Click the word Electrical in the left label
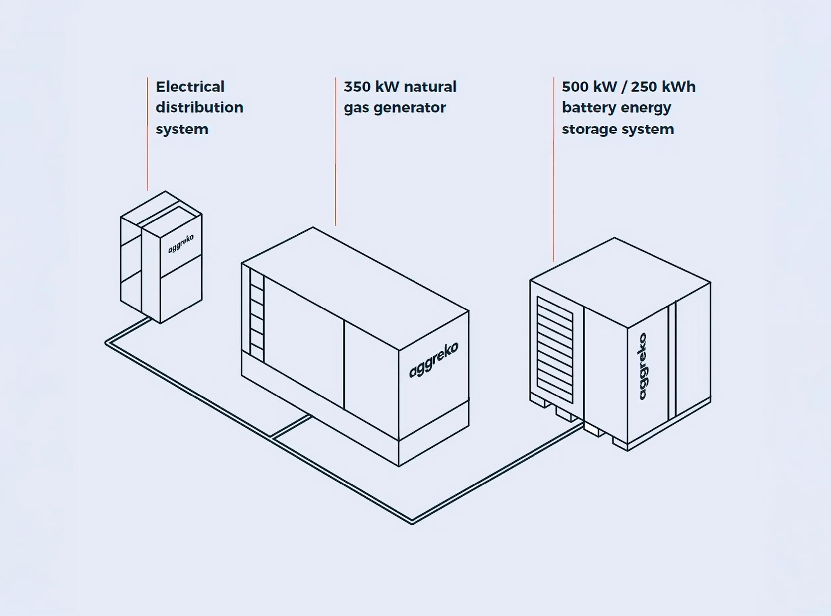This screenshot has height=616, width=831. click(190, 87)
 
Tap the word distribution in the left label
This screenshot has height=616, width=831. click(199, 107)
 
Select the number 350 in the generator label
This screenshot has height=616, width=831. click(357, 87)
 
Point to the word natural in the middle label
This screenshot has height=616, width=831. click(430, 87)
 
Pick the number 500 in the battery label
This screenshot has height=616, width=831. click(575, 87)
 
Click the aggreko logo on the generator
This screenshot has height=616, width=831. click(433, 360)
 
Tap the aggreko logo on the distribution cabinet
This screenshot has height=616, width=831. click(181, 243)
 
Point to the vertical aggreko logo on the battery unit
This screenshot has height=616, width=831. click(643, 367)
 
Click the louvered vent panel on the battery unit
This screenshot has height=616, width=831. click(555, 349)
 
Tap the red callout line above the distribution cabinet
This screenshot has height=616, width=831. click(147, 134)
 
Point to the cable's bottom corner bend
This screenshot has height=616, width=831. click(412, 522)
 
